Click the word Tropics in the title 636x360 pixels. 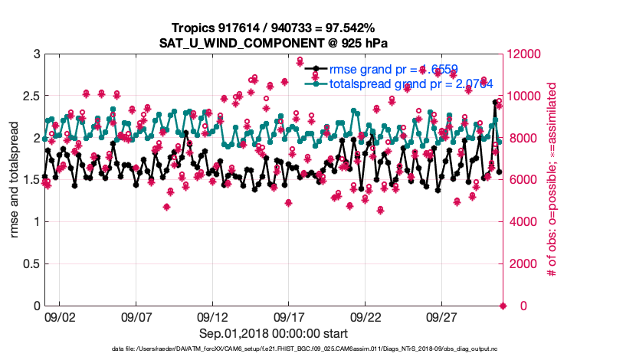coord(194,28)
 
